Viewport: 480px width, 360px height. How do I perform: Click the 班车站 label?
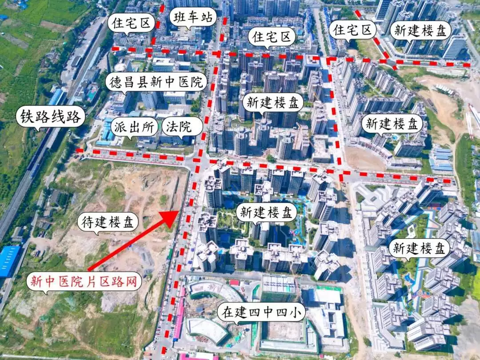192,18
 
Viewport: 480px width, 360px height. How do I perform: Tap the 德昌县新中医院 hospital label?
156,82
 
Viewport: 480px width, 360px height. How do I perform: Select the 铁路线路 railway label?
50,117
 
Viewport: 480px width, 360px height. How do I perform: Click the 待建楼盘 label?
108,221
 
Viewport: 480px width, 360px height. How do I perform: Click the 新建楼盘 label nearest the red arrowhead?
266,212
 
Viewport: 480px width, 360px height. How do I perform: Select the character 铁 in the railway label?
25,117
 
